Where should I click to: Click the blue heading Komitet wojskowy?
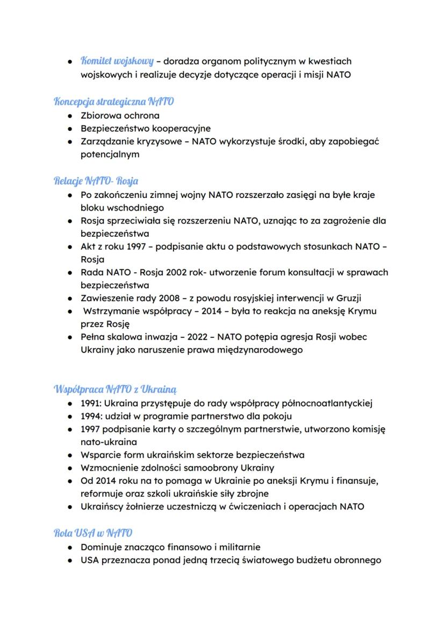(117, 61)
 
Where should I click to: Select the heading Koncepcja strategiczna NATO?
(114, 101)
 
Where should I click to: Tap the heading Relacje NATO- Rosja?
(96, 181)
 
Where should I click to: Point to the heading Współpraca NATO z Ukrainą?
(116, 388)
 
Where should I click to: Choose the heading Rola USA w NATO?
(93, 533)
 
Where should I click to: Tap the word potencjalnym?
(110, 154)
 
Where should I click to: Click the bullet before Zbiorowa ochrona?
(70, 116)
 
